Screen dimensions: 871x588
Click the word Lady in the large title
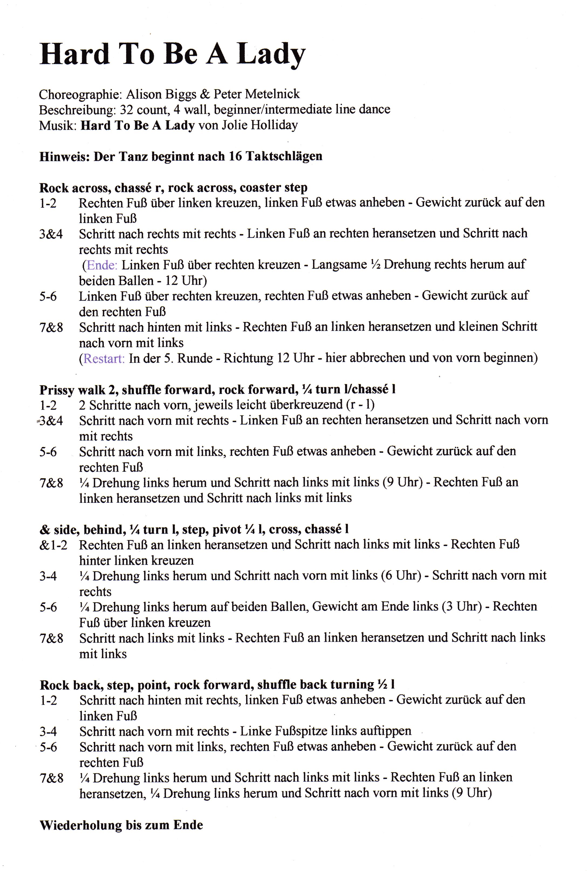pyautogui.click(x=271, y=54)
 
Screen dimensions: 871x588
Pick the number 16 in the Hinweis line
pyautogui.click(x=235, y=156)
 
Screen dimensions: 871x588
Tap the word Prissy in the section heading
pyautogui.click(x=57, y=390)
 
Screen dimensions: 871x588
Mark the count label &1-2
pyautogui.click(x=53, y=545)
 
